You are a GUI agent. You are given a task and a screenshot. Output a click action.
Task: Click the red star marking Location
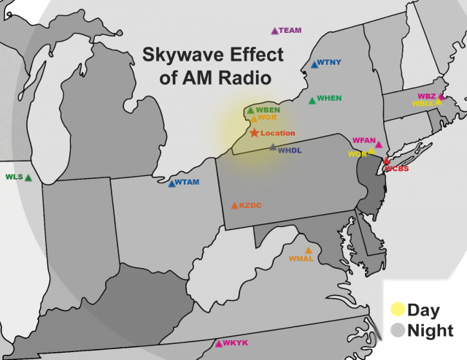click(254, 133)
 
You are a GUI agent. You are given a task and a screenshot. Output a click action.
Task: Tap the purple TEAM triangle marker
click(274, 31)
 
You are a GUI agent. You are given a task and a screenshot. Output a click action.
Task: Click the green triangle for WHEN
click(312, 99)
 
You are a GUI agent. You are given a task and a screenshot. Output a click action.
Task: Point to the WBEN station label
click(268, 110)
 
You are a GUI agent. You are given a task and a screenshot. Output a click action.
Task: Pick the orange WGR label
click(268, 117)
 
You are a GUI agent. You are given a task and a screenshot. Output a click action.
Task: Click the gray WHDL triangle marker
click(273, 148)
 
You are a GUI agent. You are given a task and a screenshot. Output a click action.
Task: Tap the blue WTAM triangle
click(171, 183)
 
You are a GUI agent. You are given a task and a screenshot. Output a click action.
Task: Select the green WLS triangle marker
click(28, 177)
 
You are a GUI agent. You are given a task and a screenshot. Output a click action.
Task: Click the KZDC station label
click(250, 206)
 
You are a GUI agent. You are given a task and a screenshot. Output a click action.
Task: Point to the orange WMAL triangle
click(308, 250)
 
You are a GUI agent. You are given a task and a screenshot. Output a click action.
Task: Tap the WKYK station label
click(236, 343)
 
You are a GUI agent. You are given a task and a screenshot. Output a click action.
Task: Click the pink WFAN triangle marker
click(379, 145)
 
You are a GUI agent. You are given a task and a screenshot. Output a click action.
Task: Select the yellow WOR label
click(357, 154)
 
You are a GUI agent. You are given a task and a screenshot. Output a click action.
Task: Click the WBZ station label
click(426, 96)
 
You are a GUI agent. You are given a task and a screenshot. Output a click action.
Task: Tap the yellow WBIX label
click(423, 104)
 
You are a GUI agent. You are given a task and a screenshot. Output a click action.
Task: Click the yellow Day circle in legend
click(398, 308)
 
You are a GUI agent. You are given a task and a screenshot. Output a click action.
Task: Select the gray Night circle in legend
click(398, 330)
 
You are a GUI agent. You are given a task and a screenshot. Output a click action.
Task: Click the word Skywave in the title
click(176, 55)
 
